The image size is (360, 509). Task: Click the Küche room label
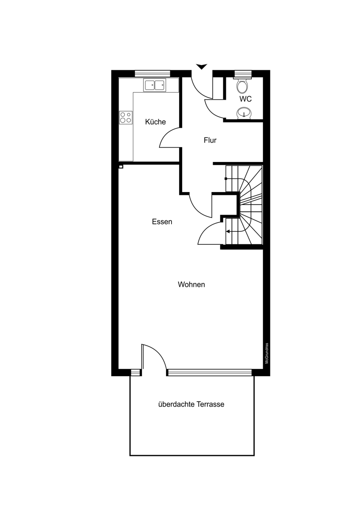[x=155, y=122]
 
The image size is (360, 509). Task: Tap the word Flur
[x=210, y=140]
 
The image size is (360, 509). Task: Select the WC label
[x=245, y=99]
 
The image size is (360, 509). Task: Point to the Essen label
[x=162, y=221]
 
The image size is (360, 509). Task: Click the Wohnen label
[x=191, y=285]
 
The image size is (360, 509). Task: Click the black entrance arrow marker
[x=202, y=67]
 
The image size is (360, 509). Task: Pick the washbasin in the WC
[x=244, y=113]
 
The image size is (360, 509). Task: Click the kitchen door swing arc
[x=166, y=134]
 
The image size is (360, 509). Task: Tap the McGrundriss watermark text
[x=267, y=353]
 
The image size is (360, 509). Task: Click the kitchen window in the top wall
[x=152, y=74]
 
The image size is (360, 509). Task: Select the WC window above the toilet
[x=243, y=74]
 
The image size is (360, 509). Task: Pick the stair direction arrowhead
[x=228, y=232]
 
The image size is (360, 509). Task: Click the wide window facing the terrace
[x=209, y=372]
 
